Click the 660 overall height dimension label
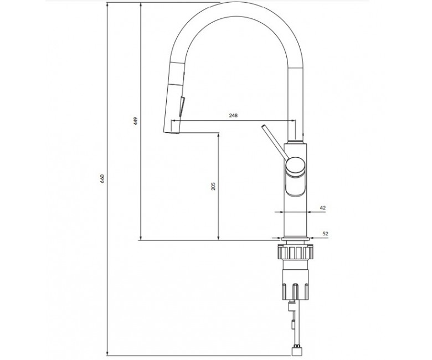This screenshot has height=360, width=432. (x=102, y=179)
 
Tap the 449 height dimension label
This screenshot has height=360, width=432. (x=135, y=121)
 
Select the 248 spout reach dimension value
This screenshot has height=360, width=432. (x=233, y=115)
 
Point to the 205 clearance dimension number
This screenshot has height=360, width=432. (x=214, y=186)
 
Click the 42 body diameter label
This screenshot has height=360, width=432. (x=323, y=208)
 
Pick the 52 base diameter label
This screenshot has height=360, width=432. (x=325, y=234)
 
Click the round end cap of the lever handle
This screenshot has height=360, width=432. (x=295, y=166)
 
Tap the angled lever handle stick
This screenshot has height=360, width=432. (x=274, y=142)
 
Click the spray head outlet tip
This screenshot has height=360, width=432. (x=172, y=133)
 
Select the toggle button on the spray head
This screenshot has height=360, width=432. (x=182, y=106)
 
